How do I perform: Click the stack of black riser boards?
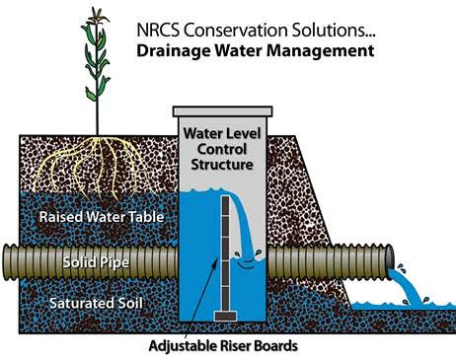[x=225, y=247]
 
